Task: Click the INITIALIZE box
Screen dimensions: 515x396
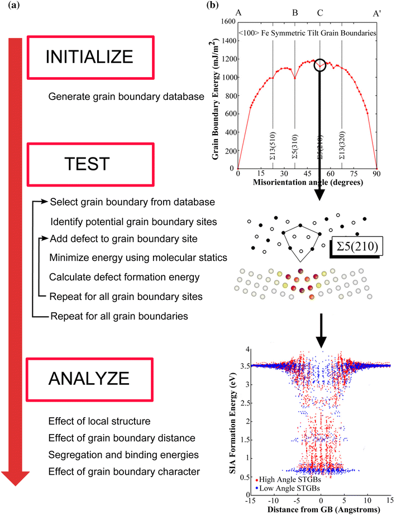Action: (89, 57)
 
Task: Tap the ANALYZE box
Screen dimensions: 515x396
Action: (89, 380)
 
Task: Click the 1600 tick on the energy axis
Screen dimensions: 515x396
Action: (227, 22)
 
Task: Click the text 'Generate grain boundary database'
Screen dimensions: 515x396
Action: (126, 97)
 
